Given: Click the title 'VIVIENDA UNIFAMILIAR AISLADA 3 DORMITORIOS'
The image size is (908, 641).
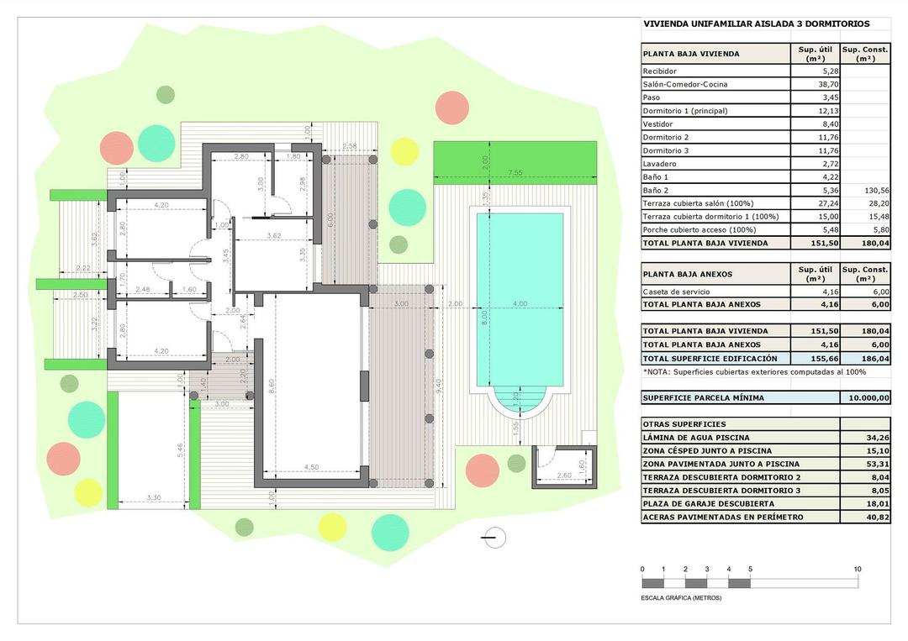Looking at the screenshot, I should pos(756,24).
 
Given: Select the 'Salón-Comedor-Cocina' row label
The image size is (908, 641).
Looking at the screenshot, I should pos(685,84).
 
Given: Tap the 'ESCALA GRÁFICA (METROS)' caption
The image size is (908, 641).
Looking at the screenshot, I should pos(681,597).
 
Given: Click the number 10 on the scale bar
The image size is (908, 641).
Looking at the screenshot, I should pos(857,570).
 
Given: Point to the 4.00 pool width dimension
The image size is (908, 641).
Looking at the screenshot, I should pos(520,303).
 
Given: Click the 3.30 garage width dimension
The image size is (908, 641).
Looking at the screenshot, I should pos(153,498).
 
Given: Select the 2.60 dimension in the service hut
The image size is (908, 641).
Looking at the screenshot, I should pos(563,476).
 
